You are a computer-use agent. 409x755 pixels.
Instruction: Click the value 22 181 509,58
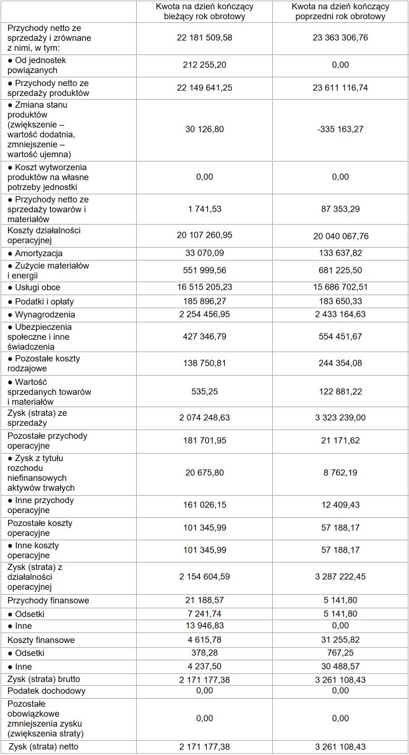point(204,38)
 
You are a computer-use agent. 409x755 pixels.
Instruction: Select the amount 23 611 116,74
point(340,88)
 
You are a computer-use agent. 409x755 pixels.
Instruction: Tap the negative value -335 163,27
point(340,129)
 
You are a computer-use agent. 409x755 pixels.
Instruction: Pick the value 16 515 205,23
point(204,288)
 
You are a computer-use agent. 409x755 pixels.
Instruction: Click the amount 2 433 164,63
point(340,315)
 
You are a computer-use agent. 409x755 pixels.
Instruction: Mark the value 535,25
point(204,392)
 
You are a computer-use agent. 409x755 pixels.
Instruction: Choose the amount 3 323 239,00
point(340,418)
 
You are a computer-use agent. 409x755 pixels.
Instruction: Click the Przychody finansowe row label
point(48,600)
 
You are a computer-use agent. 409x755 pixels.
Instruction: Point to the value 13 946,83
point(204,626)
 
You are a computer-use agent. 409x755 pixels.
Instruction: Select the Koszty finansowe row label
point(41,640)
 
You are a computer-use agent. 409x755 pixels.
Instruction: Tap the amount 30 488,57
point(340,667)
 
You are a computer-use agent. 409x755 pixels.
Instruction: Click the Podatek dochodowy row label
point(46,691)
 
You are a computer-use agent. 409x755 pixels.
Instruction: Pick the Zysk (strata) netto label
point(43,747)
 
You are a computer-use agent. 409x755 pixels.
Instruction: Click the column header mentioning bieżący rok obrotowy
point(204,11)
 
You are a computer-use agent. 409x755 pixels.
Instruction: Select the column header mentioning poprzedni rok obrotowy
point(340,11)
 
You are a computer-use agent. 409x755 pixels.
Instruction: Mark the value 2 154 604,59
point(204,577)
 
